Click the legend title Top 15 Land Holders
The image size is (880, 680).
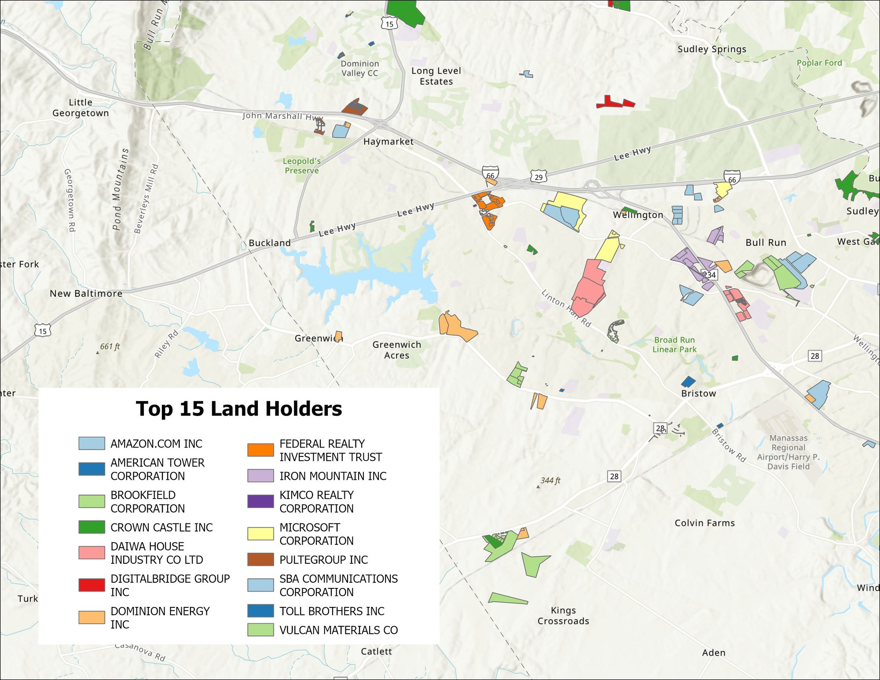[238, 409]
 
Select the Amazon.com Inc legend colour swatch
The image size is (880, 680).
[92, 443]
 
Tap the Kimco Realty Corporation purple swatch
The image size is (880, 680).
[260, 501]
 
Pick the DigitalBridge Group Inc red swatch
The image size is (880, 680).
[92, 585]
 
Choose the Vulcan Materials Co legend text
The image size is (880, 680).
[338, 630]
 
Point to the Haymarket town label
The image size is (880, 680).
[388, 142]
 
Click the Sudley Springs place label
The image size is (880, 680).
[711, 49]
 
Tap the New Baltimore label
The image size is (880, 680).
[86, 294]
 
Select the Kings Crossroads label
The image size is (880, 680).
[563, 615]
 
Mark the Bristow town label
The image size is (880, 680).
[698, 393]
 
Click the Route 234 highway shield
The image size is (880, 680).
[711, 275]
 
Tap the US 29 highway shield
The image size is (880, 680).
[539, 177]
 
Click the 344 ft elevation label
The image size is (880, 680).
[550, 481]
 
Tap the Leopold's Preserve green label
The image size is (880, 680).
[301, 166]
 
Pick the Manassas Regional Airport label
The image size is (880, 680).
[788, 452]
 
